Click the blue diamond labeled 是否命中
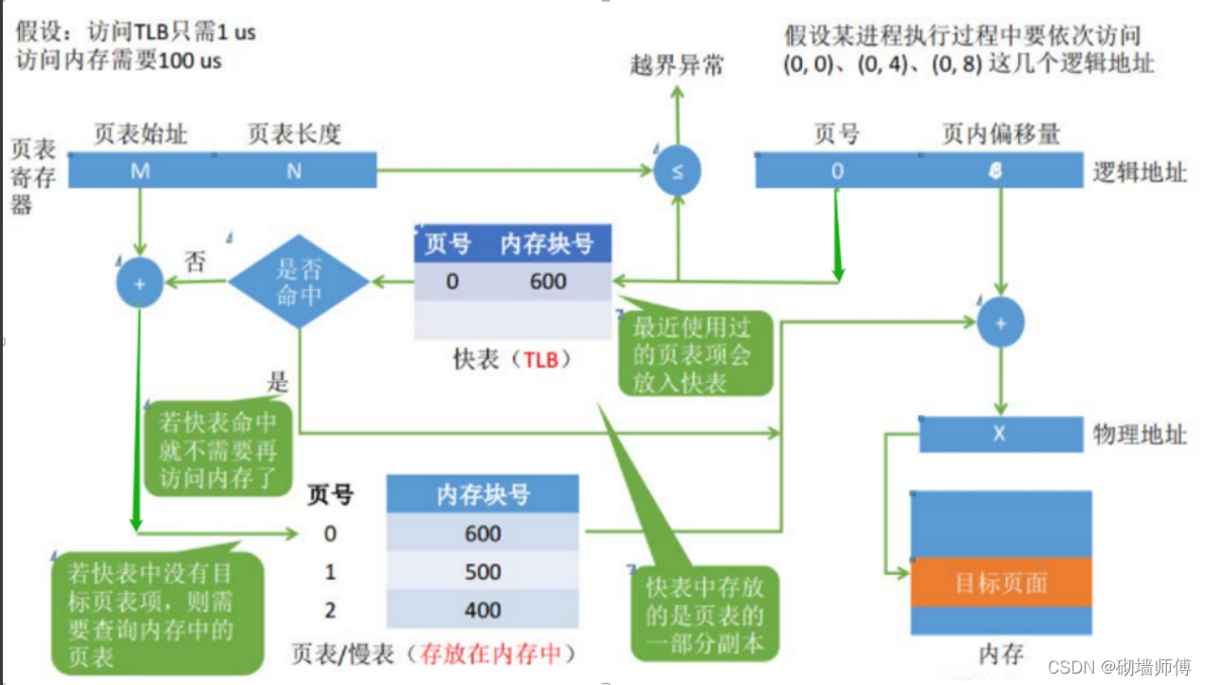pos(299,282)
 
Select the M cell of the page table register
pos(140,171)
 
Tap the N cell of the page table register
pos(294,171)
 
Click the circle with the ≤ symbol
pos(678,172)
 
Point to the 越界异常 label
pos(677,65)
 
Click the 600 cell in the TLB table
pos(548,282)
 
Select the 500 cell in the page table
pos(483,572)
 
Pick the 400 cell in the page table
pos(483,609)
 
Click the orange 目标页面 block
pos(1000,582)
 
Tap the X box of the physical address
pos(999,435)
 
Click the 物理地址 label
pos(1140,435)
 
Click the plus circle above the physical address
pos(1000,324)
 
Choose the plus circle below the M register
pos(140,283)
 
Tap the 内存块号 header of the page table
pos(483,494)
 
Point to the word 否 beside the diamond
pos(194,263)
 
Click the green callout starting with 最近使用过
pos(692,353)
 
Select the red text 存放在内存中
pos(491,654)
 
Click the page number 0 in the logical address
pos(836,172)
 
